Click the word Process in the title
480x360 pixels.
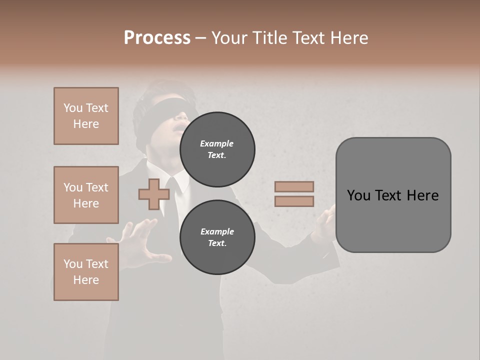(x=157, y=37)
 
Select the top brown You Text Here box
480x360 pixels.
(x=86, y=116)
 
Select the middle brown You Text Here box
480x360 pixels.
(x=86, y=195)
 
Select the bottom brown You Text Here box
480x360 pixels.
(x=86, y=272)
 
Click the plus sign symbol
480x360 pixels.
(x=154, y=194)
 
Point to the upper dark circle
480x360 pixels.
(x=217, y=149)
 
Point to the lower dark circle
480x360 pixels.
(x=217, y=237)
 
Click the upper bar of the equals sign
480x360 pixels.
(x=294, y=186)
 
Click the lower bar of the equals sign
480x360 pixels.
(x=294, y=201)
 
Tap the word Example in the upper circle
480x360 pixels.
(x=216, y=143)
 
